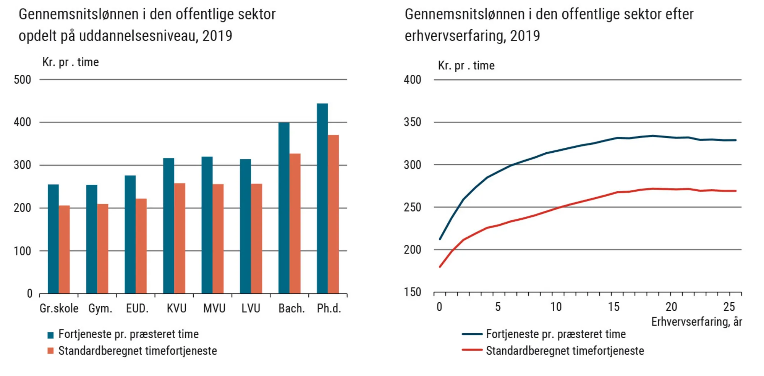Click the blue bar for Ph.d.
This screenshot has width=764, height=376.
[322, 198]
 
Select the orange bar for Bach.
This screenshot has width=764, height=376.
[295, 223]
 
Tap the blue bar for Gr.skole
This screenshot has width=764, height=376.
[53, 239]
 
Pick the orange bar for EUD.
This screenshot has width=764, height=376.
[141, 246]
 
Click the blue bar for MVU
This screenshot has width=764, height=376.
[207, 225]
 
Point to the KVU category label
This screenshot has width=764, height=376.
[176, 308]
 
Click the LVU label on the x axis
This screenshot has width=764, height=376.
[251, 308]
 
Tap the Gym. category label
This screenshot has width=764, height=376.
[100, 308]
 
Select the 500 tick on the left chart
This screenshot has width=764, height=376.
[23, 80]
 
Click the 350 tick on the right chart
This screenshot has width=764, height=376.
[412, 122]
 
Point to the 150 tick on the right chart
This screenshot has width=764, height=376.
[412, 292]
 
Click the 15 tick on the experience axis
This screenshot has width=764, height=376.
[613, 307]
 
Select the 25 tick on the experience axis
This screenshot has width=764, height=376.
[729, 307]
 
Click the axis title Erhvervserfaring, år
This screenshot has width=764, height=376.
[696, 322]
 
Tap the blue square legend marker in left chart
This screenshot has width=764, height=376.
[50, 335]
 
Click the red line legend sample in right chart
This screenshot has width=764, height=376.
[472, 350]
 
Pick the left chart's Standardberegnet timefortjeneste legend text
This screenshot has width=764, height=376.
[138, 351]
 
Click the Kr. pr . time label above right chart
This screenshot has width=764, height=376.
[466, 66]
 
